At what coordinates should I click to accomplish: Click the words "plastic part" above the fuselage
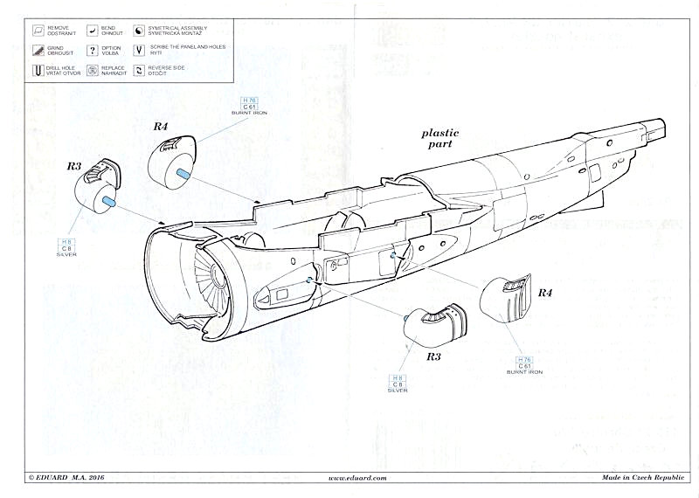(439, 138)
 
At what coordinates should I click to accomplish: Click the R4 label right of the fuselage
(544, 292)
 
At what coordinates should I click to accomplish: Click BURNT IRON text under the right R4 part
(524, 372)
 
